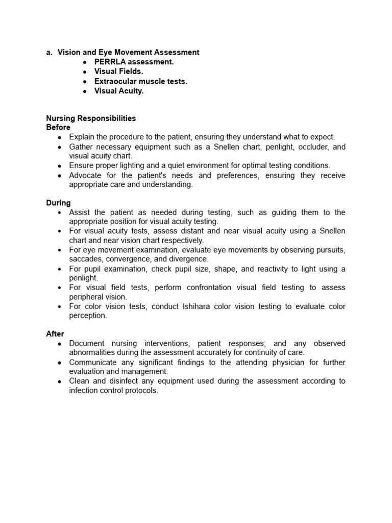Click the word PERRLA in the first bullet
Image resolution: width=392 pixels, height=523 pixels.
[x=110, y=62]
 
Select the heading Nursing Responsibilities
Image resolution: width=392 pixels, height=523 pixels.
[x=91, y=118]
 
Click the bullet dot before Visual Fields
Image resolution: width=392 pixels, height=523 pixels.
[x=85, y=72]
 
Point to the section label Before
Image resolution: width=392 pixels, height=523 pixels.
[x=58, y=127]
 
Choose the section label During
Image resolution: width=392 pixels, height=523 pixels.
[x=58, y=203]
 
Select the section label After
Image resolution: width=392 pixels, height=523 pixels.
[x=55, y=334]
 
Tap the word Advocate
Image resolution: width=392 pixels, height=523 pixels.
[x=85, y=175]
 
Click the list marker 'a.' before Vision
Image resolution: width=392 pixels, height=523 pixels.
[x=50, y=52]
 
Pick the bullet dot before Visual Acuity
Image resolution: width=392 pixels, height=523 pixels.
[x=85, y=91]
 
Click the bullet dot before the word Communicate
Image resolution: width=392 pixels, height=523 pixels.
[x=60, y=363]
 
